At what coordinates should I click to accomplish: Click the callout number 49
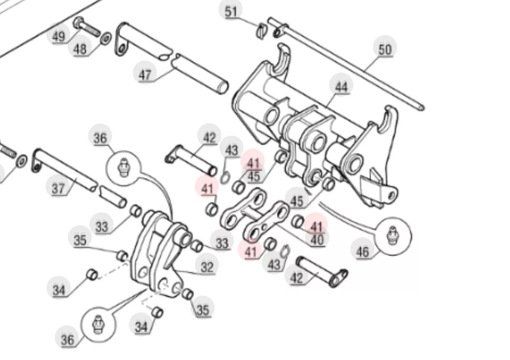[59, 36]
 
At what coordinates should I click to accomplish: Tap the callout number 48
[80, 49]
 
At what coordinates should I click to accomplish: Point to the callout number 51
[231, 12]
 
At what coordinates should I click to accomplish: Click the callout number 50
[385, 50]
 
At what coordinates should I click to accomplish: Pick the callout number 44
[341, 87]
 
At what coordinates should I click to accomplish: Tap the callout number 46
[363, 252]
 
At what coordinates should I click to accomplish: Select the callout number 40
[317, 240]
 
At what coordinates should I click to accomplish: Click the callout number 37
[59, 188]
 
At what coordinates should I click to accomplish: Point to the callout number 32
[207, 267]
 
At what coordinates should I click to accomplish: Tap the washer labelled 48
[106, 38]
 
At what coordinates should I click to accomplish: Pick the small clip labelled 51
[262, 31]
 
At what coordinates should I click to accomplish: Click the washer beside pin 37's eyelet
[22, 161]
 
